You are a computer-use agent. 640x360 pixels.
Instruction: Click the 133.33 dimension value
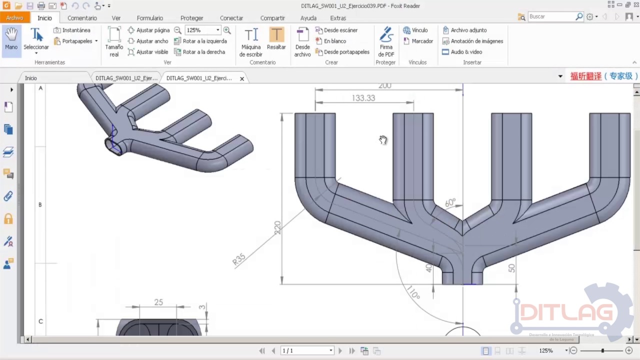(x=363, y=98)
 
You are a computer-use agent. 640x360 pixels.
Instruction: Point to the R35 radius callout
(x=239, y=259)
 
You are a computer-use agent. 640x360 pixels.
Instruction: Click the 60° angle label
(x=450, y=202)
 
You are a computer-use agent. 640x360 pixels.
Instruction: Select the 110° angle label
(x=413, y=293)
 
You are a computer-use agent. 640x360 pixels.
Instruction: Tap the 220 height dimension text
(x=277, y=227)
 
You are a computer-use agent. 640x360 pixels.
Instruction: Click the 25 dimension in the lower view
(x=158, y=302)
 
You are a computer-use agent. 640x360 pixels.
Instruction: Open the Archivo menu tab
(x=14, y=18)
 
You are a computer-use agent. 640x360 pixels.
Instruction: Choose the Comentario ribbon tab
(x=82, y=18)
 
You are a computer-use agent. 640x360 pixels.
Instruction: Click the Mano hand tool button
(x=11, y=40)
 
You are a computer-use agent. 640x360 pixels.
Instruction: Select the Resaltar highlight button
(x=276, y=40)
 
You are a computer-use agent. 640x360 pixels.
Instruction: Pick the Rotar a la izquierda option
(x=200, y=41)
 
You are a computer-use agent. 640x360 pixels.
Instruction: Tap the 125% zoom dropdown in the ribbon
(x=202, y=30)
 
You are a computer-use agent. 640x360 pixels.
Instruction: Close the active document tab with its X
(x=242, y=78)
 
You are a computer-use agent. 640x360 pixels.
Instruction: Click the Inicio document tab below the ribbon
(x=31, y=78)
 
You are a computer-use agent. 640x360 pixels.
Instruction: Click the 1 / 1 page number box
(x=307, y=350)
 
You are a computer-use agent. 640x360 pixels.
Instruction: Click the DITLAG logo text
(x=566, y=313)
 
